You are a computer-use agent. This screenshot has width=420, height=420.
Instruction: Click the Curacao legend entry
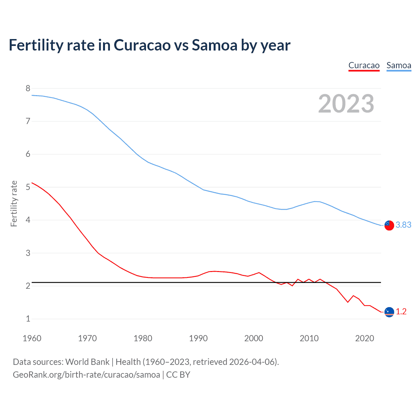click(364, 66)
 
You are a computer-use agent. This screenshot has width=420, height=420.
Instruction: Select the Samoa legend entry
click(399, 66)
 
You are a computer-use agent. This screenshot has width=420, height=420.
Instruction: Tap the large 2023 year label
click(346, 104)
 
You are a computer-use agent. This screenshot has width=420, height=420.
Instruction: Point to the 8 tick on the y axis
click(28, 88)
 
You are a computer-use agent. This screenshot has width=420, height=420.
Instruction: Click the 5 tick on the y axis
click(28, 187)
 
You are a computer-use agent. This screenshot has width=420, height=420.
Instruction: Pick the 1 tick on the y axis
click(28, 319)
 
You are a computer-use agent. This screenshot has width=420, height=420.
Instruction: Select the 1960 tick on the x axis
click(32, 338)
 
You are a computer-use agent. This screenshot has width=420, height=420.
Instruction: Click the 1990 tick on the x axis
click(198, 338)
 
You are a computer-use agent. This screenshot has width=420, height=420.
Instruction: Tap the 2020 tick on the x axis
click(365, 338)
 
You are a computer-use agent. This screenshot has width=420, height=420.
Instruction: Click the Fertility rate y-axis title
click(14, 203)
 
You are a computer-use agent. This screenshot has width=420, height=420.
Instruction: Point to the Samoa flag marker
click(389, 225)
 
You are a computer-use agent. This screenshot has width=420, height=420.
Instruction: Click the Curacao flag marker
click(389, 312)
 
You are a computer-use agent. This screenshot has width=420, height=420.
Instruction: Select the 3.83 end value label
click(403, 225)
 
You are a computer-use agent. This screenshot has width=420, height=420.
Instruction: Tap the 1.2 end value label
click(401, 311)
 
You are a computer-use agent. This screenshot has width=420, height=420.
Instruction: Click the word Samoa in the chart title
click(215, 45)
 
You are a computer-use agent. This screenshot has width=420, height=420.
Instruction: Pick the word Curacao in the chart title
click(142, 45)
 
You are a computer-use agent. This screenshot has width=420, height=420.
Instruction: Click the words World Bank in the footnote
click(87, 362)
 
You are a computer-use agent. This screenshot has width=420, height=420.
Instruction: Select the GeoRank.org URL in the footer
click(86, 375)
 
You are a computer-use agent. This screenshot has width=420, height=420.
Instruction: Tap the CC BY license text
click(178, 375)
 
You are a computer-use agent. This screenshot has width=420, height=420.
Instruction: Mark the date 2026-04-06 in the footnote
click(252, 362)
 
